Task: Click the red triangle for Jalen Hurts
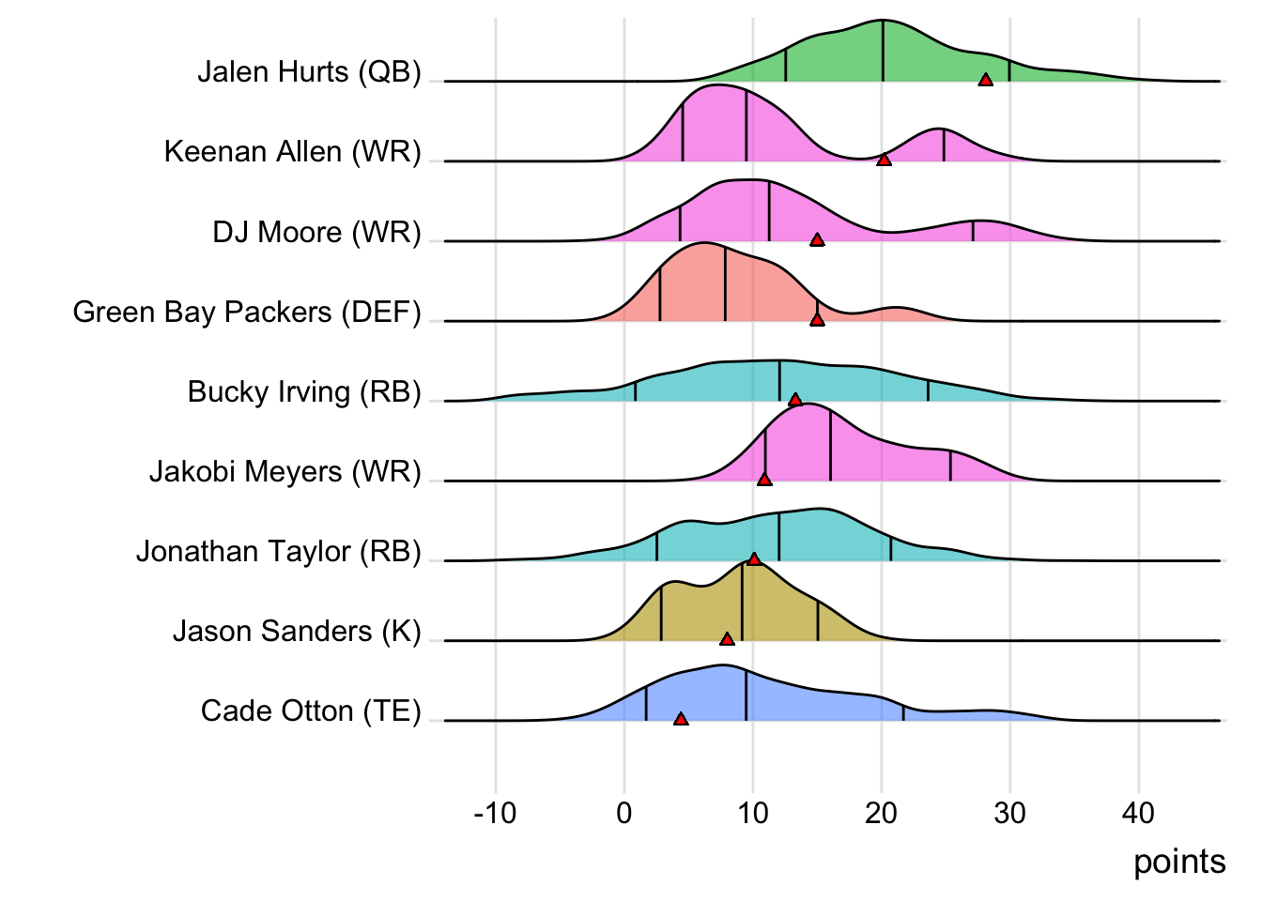point(985,80)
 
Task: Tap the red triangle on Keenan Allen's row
point(884,160)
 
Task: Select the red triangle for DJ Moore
point(817,239)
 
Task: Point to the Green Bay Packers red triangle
point(817,320)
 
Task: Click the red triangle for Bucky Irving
point(795,400)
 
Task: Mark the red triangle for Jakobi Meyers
point(764,480)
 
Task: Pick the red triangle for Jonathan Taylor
point(754,559)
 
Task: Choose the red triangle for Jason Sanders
point(727,639)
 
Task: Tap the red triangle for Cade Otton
point(681,719)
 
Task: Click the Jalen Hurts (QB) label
point(309,72)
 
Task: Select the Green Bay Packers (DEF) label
point(247,313)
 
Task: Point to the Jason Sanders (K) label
point(297,632)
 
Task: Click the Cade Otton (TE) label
point(311,711)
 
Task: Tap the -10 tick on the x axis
point(495,813)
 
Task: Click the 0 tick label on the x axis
point(624,813)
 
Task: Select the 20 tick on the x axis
point(882,813)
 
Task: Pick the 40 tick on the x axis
point(1138,813)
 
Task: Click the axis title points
point(1179,862)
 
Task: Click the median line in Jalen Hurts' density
point(883,51)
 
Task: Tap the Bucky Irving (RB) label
point(304,392)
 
